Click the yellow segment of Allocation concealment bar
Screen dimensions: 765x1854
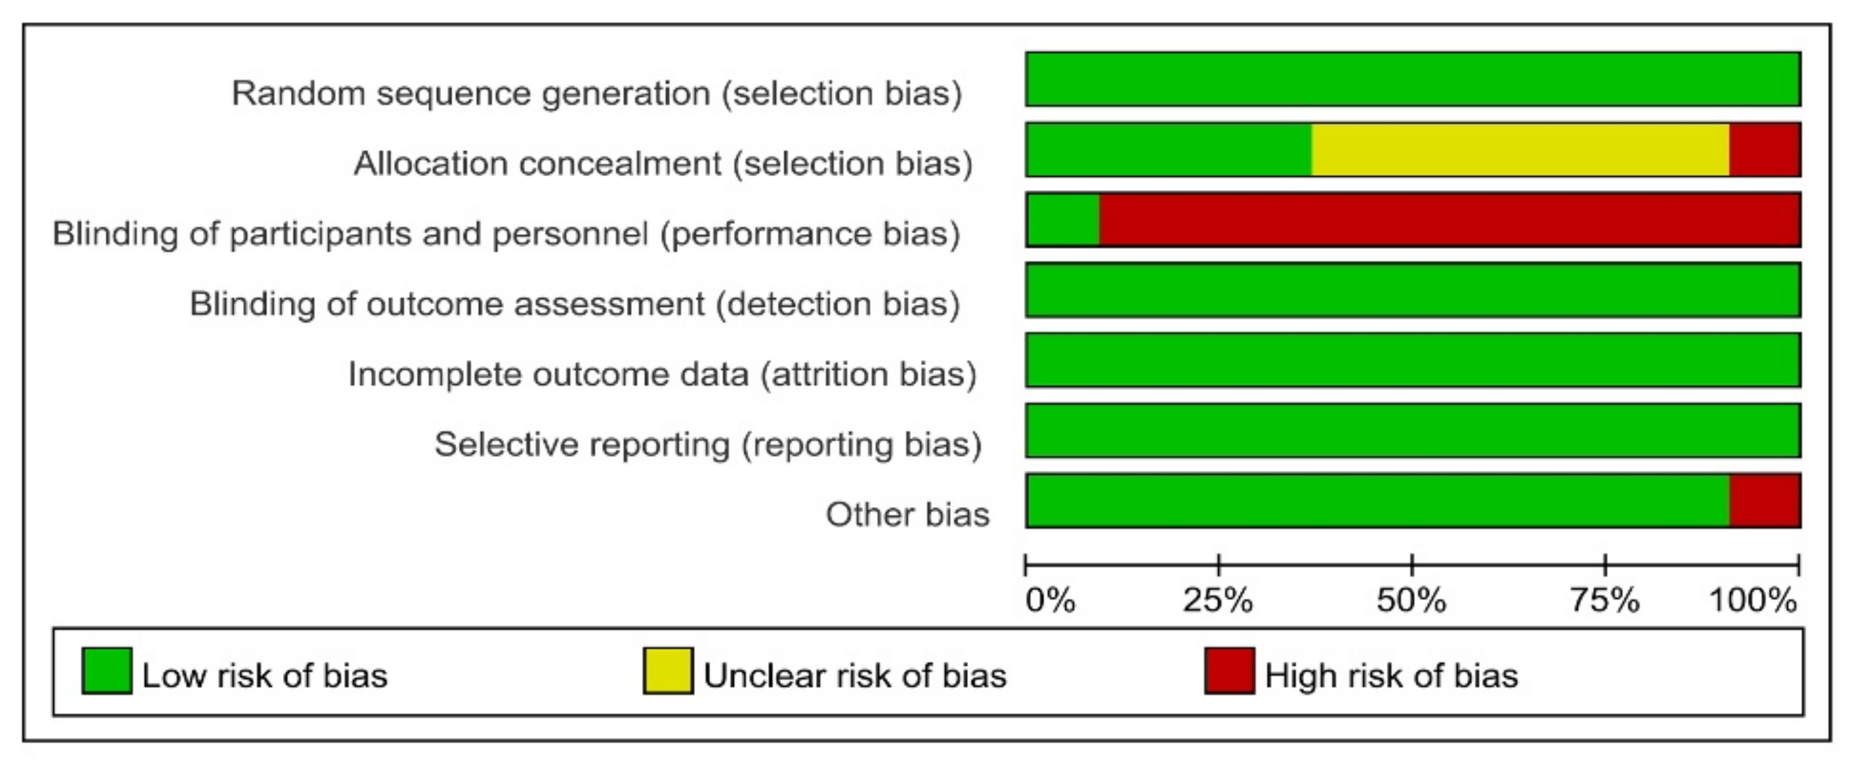1520,150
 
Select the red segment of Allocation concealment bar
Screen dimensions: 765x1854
1765,150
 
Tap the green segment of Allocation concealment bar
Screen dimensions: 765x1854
1168,150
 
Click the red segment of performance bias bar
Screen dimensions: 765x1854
1449,220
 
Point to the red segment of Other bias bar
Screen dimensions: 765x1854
1765,500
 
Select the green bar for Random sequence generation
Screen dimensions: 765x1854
1413,79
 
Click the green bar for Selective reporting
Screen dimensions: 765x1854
1413,430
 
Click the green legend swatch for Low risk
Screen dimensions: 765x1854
107,670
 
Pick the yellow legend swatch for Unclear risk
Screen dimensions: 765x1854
668,670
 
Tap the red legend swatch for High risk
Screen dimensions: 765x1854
1229,670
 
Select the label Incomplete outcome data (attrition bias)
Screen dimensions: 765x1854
662,374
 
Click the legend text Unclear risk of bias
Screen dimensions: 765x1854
855,675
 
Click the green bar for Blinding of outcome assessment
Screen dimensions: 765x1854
1413,290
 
